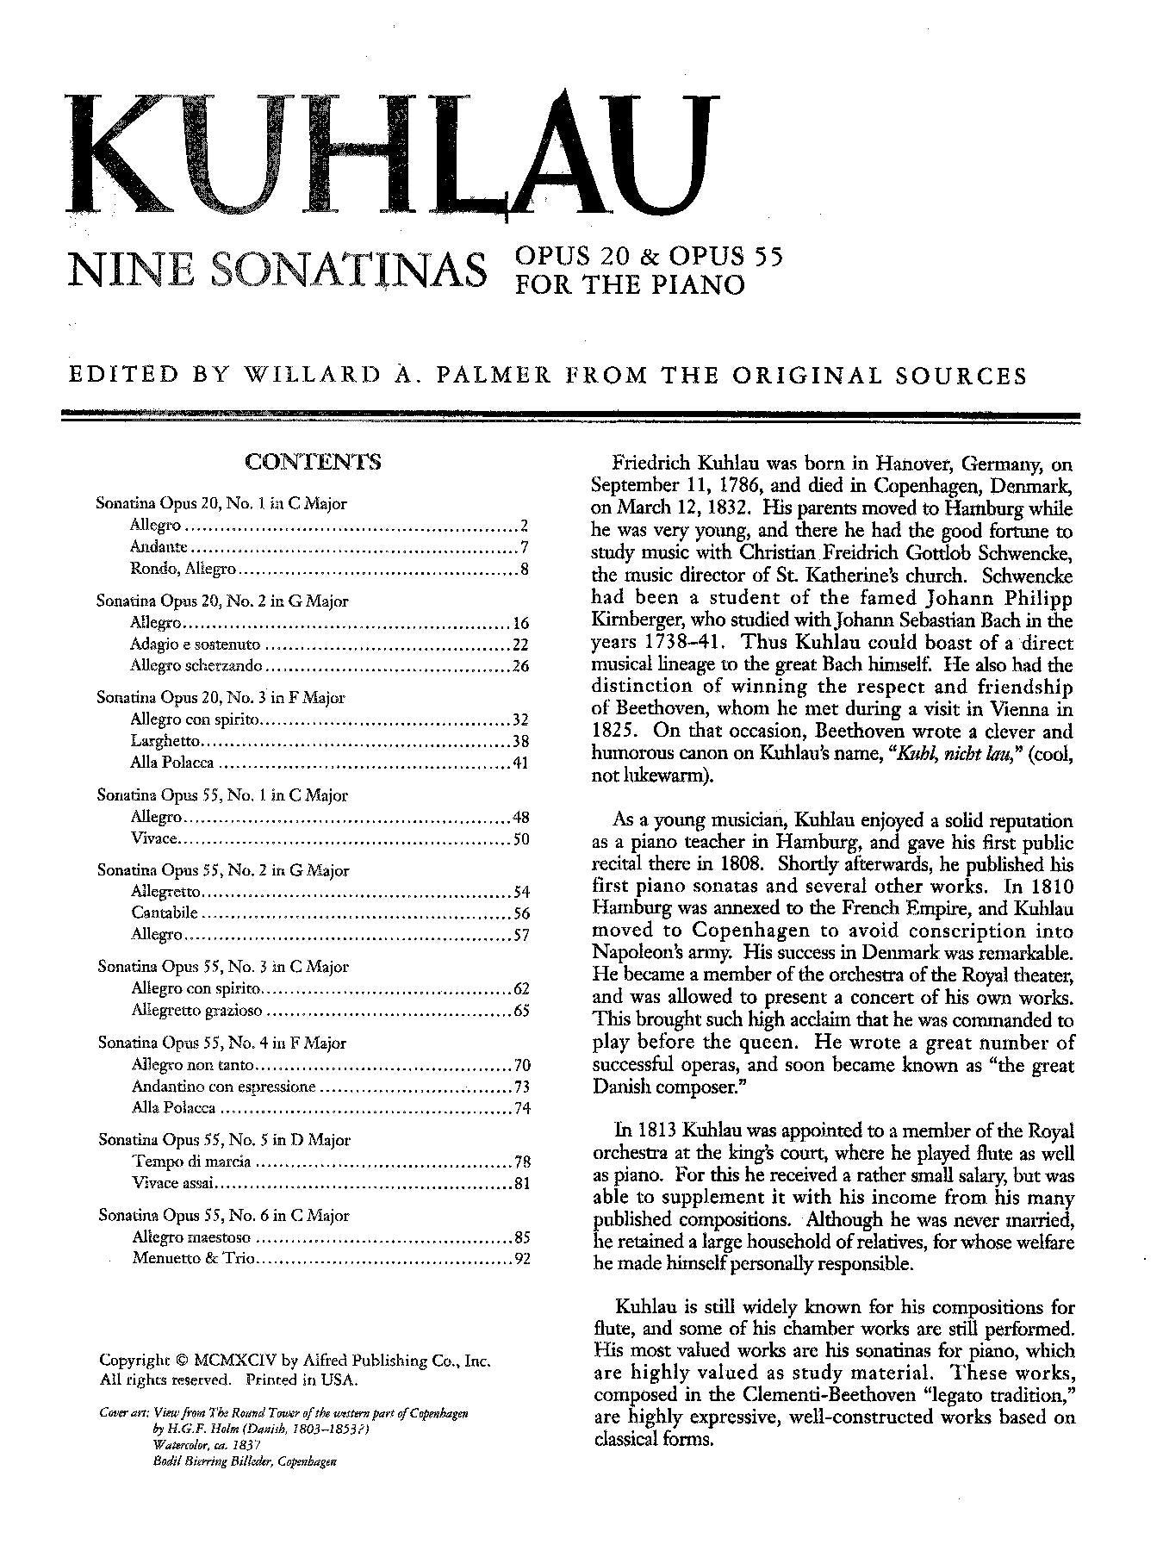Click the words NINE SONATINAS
coord(276,269)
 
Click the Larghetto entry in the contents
coord(165,741)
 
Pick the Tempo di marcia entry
coord(191,1162)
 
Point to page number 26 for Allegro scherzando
coord(519,666)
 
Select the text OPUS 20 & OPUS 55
coord(649,256)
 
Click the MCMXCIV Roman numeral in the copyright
coord(234,1361)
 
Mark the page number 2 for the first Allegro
coord(524,526)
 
